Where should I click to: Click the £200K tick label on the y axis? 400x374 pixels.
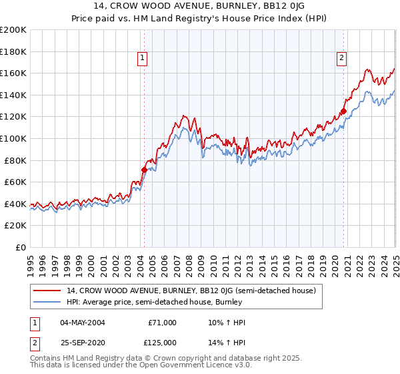tap(13, 30)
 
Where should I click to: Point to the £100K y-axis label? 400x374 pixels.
tap(13, 138)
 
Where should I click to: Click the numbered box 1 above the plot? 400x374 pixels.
tap(143, 59)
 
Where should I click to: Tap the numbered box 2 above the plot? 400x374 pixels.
tap(341, 59)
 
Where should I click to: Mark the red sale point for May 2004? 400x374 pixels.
tap(144, 170)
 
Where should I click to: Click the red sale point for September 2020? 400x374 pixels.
tap(343, 112)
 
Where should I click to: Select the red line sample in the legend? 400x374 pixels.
tap(47, 291)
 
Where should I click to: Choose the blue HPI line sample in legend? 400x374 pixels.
tap(47, 301)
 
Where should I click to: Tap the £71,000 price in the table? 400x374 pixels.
tap(161, 323)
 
